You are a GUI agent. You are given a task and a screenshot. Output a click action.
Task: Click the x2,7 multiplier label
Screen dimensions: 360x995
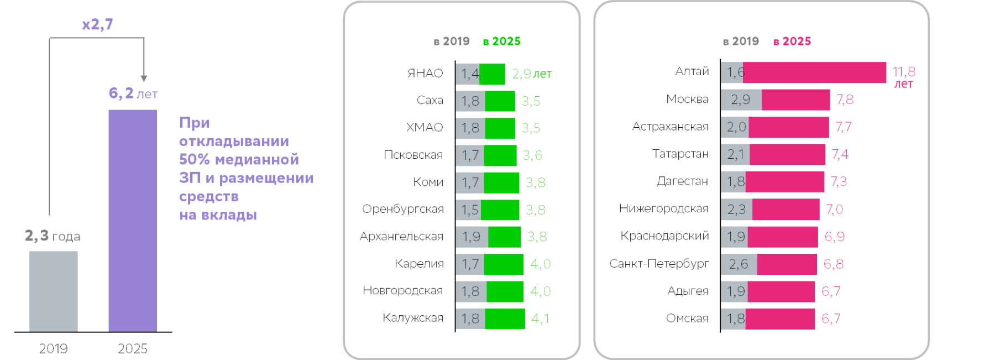97,25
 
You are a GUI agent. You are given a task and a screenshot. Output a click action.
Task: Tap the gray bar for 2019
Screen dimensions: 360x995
53,291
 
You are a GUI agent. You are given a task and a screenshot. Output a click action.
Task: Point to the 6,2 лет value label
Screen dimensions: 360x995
133,93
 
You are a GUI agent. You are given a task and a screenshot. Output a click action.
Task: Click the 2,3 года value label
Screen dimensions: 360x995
53,236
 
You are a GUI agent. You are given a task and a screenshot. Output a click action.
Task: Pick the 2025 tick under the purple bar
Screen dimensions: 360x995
133,348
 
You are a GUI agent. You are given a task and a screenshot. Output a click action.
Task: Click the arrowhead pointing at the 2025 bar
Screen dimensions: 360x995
144,79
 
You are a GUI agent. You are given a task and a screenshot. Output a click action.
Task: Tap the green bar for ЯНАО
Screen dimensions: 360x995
492,74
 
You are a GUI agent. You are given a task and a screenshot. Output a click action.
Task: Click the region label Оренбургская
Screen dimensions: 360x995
403,209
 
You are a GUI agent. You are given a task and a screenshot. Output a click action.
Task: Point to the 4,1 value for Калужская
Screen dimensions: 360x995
540,319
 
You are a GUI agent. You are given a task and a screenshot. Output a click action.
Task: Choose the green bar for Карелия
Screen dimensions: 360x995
504,264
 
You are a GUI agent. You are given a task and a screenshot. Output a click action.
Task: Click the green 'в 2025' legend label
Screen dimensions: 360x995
501,41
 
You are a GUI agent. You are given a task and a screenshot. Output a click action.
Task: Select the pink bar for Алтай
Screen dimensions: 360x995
815,72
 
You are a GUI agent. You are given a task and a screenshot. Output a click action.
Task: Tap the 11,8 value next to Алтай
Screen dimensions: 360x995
904,72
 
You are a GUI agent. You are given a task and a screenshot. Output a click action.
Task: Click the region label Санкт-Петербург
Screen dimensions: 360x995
659,264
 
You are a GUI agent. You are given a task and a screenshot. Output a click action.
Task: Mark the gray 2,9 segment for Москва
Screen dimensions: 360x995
741,100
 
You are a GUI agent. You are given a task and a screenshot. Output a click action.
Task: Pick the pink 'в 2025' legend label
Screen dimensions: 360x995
792,41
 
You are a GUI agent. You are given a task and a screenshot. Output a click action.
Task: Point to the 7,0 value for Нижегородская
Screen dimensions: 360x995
834,210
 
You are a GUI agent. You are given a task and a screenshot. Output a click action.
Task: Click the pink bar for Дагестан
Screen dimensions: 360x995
784,182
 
